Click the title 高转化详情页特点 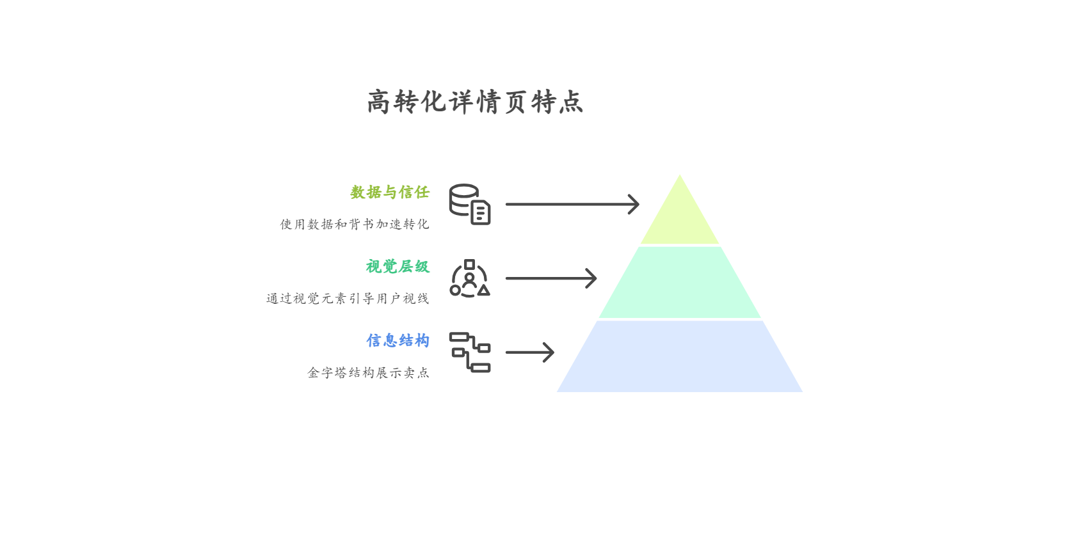[475, 102]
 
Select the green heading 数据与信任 [390, 192]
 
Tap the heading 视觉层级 [398, 266]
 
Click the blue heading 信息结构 [398, 340]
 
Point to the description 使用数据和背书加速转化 [355, 224]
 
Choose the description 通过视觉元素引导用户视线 [348, 298]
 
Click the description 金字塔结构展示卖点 [368, 372]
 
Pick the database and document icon [470, 204]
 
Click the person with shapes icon [470, 278]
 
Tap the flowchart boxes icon [470, 352]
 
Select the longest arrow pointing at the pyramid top [572, 204]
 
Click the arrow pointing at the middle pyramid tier [551, 278]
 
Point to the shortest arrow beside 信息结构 [530, 352]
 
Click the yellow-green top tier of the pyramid [680, 217]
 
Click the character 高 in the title [378, 102]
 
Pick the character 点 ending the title [571, 102]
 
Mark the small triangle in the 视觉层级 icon [483, 290]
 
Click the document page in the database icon [481, 212]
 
